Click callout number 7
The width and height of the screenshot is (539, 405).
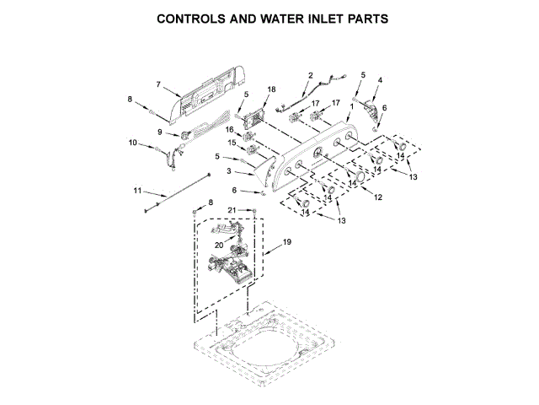point(158,83)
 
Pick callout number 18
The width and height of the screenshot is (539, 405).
point(271,89)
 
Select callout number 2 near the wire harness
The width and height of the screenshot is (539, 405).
point(310,76)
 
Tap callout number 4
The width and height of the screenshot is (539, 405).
point(380,80)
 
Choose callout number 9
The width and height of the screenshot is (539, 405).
point(159,132)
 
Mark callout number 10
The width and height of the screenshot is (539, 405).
point(132,143)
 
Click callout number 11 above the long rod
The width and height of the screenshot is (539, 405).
point(138,190)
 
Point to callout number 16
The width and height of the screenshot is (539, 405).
point(228,129)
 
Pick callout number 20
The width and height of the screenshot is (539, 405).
point(218,245)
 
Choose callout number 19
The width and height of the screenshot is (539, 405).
point(287,242)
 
